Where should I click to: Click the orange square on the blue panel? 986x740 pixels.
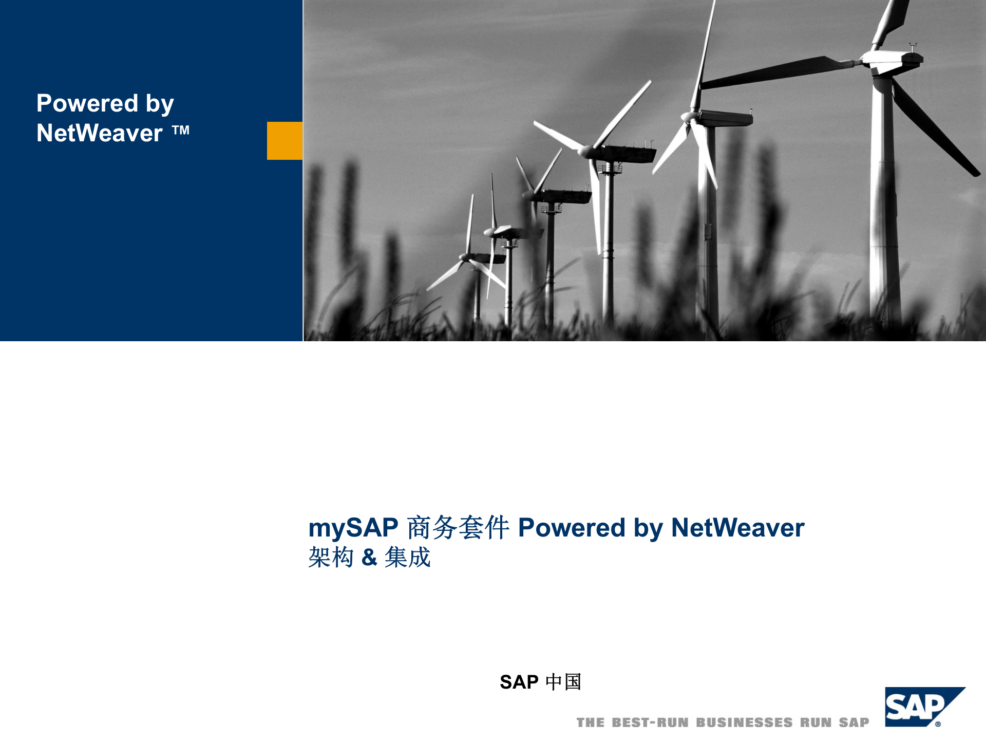(x=285, y=140)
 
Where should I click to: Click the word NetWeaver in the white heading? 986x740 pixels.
(x=100, y=133)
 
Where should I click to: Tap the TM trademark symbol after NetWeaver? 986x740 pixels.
(x=181, y=131)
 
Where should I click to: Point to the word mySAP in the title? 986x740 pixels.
(x=353, y=528)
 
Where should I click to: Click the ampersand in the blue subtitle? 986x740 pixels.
(x=369, y=557)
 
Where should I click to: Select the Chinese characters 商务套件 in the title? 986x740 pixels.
(x=458, y=528)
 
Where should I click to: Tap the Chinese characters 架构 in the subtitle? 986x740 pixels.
(x=331, y=557)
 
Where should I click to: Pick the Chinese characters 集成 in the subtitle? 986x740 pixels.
(x=407, y=557)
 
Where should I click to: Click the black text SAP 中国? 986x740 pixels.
(x=540, y=682)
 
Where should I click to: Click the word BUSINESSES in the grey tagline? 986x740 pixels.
(x=744, y=723)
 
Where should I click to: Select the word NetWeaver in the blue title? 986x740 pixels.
(x=737, y=528)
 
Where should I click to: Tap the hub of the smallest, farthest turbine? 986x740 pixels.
(x=465, y=256)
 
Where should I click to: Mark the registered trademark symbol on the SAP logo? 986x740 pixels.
(x=938, y=724)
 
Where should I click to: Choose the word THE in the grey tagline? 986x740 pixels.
(x=591, y=723)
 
